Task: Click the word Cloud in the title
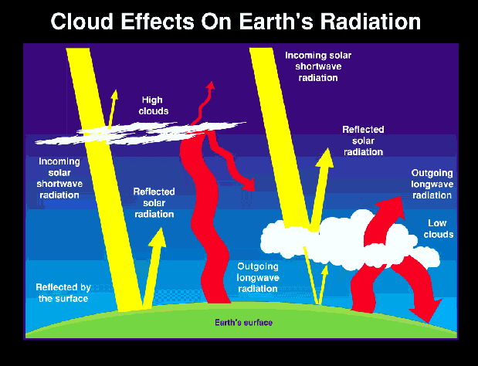point(82,22)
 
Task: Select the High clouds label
point(154,106)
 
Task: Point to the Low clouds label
point(438,229)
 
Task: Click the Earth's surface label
point(243,323)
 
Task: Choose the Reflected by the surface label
point(63,293)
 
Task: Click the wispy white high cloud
point(141,134)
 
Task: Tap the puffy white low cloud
point(350,241)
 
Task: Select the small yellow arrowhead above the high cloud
point(114,95)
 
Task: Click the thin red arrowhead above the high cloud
point(210,86)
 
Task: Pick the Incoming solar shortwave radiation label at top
point(318,66)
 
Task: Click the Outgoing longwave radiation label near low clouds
point(432,184)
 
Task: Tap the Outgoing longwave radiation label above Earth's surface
point(258,277)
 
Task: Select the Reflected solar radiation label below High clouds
point(154,202)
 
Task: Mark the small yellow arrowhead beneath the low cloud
point(324,270)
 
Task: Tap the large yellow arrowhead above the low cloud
point(325,158)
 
